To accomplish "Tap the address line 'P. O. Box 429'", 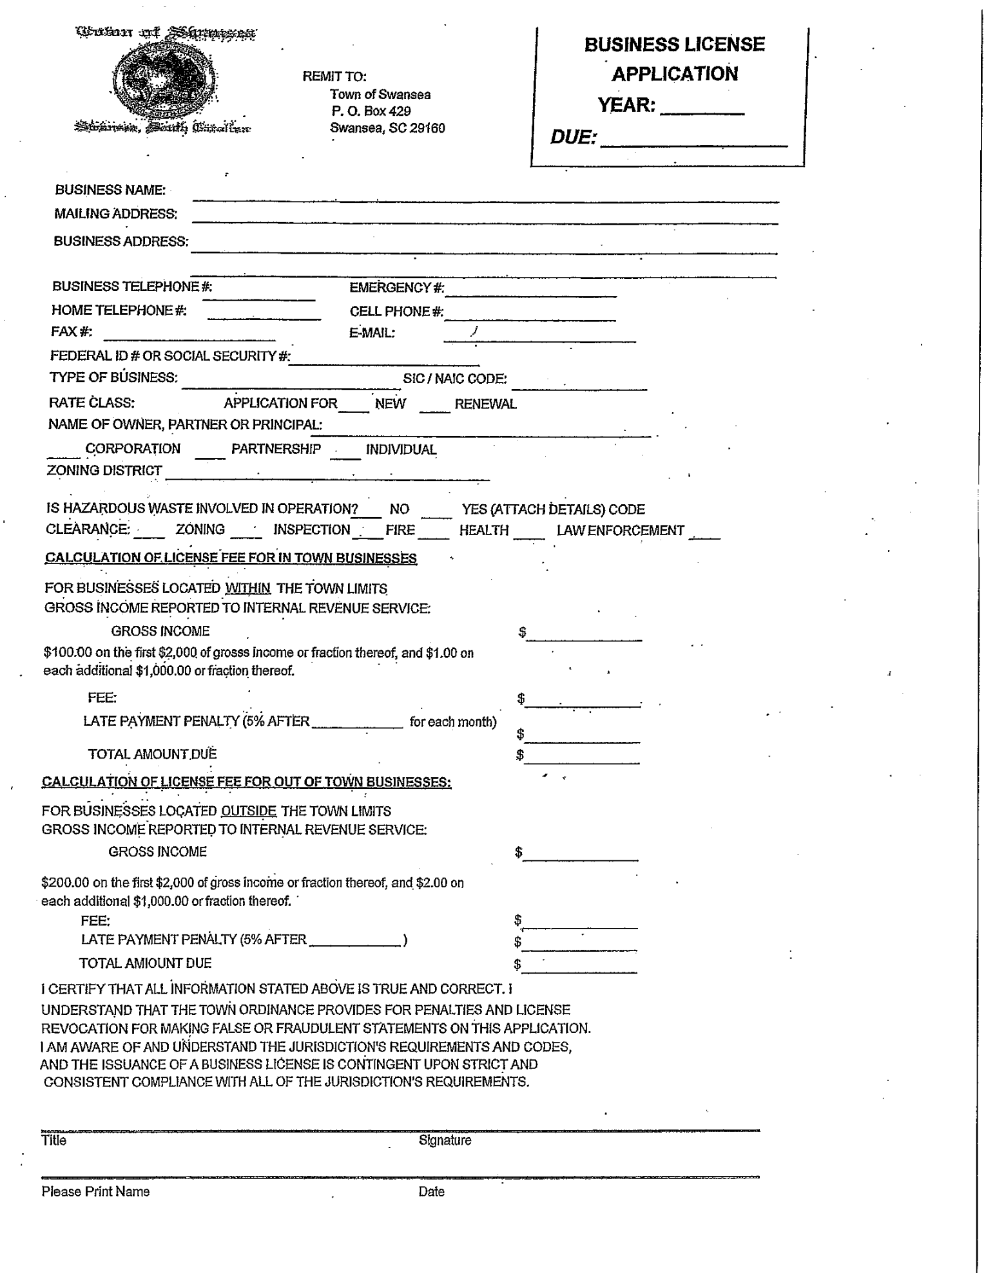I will click(371, 111).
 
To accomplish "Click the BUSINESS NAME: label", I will click(110, 190).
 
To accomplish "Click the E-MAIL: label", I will click(372, 333).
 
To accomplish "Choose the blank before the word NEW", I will click(354, 408).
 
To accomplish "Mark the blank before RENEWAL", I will click(434, 408).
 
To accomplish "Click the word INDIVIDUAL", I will click(401, 449).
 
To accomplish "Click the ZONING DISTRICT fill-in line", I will click(327, 477).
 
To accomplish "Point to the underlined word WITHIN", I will click(247, 589).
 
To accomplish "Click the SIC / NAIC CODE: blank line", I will click(579, 386).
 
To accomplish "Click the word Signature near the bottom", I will click(445, 1140).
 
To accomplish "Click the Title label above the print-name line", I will click(53, 1140).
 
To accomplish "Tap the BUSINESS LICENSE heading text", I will click(674, 44).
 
